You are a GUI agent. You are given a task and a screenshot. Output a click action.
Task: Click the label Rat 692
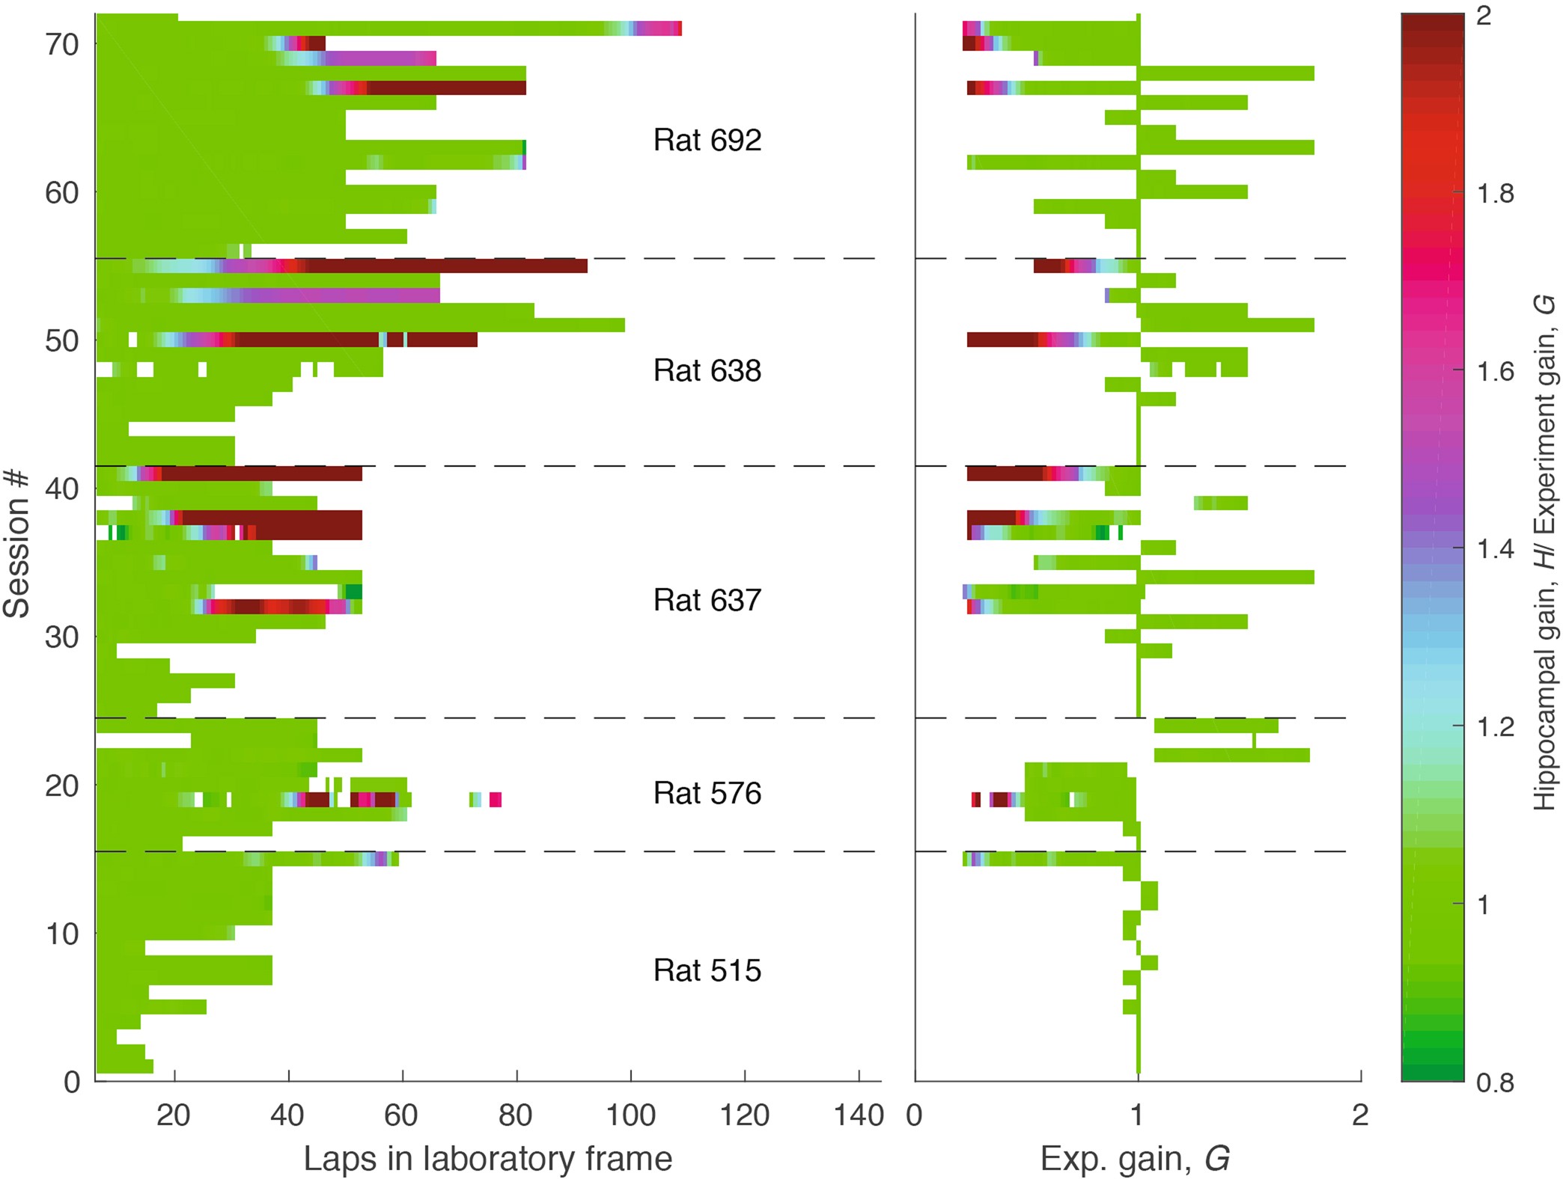coord(707,140)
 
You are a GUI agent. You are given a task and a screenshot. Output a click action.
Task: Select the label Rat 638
coord(707,370)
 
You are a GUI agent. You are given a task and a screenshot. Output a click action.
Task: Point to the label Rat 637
coord(707,600)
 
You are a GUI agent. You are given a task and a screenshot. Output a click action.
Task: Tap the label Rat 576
coord(707,793)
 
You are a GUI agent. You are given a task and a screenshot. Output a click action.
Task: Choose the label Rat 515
coord(707,970)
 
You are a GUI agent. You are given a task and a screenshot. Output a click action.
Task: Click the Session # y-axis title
coord(16,544)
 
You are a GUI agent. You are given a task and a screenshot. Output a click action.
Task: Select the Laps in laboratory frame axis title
coord(487,1158)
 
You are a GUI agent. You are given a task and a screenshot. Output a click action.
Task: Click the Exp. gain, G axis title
coord(1135,1158)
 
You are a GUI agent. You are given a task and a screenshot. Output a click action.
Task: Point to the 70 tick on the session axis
coord(61,45)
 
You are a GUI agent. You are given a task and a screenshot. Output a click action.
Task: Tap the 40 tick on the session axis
coord(61,489)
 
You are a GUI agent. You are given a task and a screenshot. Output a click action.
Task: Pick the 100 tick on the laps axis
coord(630,1115)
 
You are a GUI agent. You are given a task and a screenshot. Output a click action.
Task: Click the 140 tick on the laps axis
coord(859,1115)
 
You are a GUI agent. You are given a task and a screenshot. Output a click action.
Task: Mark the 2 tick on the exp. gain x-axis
coord(1360,1115)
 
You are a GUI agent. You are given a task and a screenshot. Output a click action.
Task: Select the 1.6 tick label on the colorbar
coord(1495,371)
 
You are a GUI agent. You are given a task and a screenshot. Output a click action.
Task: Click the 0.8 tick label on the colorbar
coord(1495,1082)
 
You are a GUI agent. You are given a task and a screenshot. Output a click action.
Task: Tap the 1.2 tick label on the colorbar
coord(1495,726)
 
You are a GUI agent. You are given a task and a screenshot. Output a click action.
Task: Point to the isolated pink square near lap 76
coord(496,800)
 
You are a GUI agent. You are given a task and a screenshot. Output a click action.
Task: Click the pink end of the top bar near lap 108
coord(674,28)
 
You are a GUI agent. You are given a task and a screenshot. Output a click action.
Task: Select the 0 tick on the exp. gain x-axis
coord(915,1115)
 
